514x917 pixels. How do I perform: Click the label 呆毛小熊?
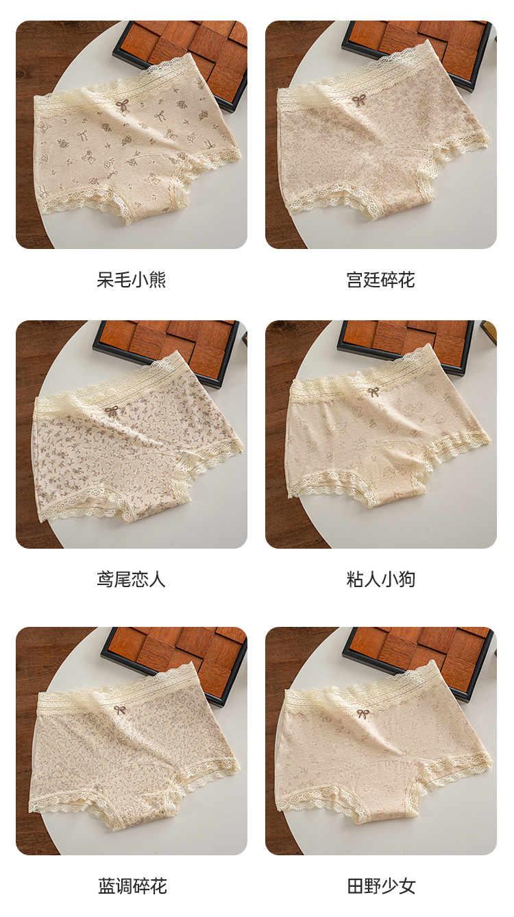(x=131, y=280)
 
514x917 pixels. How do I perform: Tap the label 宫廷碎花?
(x=380, y=280)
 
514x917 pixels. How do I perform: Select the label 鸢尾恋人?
(x=131, y=580)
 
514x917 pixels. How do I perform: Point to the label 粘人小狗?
(x=380, y=580)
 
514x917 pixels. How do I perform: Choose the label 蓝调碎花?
(x=131, y=885)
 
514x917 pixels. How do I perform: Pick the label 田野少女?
(x=380, y=885)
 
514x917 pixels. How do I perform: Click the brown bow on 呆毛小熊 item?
(x=123, y=105)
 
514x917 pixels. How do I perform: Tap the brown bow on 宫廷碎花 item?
(x=358, y=101)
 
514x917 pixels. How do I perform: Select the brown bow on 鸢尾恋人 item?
(x=112, y=412)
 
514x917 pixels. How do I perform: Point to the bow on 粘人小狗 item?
(x=374, y=392)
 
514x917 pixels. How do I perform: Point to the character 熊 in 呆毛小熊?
(x=157, y=280)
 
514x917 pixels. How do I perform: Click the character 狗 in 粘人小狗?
(x=406, y=580)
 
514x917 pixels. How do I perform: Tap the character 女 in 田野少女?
(x=406, y=885)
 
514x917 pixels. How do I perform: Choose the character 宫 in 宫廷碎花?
(x=354, y=280)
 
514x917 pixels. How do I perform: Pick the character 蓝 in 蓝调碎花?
(x=106, y=885)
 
